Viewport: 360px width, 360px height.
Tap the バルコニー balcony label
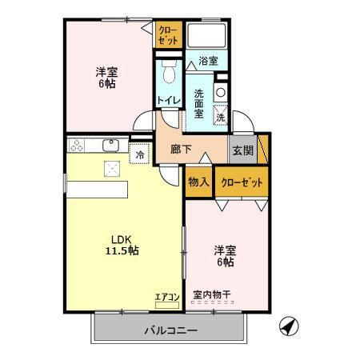click(x=171, y=329)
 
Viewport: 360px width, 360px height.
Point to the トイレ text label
click(x=167, y=100)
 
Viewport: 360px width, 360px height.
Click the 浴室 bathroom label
click(x=208, y=60)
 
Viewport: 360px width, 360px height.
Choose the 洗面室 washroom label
click(x=200, y=102)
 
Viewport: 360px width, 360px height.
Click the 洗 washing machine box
click(x=220, y=117)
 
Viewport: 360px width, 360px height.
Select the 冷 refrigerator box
click(x=140, y=154)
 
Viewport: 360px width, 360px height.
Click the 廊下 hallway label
click(x=180, y=150)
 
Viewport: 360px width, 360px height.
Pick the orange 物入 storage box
click(x=198, y=182)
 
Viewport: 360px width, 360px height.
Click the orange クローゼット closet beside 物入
click(x=242, y=182)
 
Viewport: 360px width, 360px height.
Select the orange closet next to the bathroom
click(x=168, y=36)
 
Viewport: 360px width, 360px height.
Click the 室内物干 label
click(x=212, y=295)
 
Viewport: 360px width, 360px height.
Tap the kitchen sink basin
click(x=111, y=145)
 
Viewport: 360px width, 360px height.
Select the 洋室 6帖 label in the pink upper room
click(x=105, y=75)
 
